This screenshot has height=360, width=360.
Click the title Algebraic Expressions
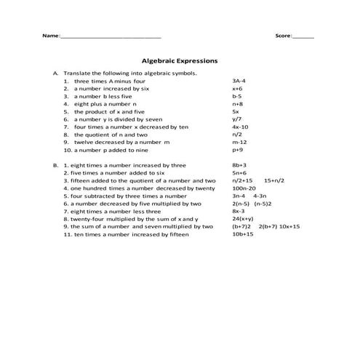point(179,62)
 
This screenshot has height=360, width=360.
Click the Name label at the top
point(50,36)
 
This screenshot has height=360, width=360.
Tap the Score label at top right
point(283,36)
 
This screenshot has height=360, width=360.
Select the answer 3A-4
point(239,81)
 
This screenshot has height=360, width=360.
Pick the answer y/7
point(236,119)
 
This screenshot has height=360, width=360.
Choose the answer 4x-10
point(240,127)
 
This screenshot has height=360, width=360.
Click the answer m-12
point(239,143)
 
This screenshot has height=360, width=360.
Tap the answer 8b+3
point(239,165)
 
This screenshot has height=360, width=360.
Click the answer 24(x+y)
point(243,219)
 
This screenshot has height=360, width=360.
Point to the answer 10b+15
point(243,234)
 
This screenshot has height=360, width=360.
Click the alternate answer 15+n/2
point(274,180)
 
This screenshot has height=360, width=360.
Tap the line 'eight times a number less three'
point(116,211)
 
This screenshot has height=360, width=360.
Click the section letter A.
point(55,73)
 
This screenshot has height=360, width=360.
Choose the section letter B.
point(55,165)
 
